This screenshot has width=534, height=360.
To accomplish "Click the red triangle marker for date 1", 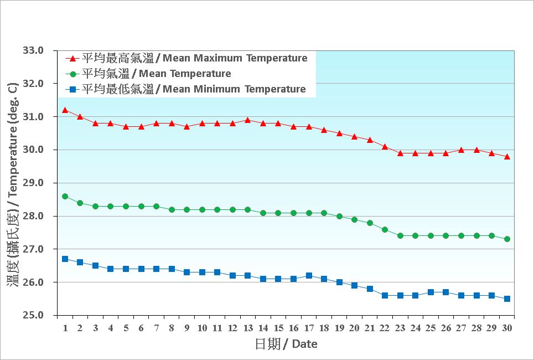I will click(65, 110).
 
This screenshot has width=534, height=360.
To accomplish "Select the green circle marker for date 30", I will click(507, 239).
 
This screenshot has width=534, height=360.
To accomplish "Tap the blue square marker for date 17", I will click(309, 276).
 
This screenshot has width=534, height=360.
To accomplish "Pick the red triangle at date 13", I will click(247, 120).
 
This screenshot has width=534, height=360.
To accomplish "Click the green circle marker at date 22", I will click(385, 229).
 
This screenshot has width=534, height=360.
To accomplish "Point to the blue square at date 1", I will click(65, 259).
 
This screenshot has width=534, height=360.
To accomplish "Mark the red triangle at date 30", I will click(507, 157).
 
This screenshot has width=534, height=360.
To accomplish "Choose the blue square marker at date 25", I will click(431, 292).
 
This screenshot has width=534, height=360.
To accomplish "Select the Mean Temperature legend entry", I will click(156, 74).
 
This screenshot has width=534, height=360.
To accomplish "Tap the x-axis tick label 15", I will click(278, 328).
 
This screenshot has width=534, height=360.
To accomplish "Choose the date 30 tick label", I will click(507, 328).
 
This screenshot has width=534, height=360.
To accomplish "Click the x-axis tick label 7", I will click(156, 328).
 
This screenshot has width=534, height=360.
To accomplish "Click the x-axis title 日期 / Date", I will click(286, 344).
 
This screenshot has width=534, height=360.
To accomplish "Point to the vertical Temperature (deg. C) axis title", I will click(13, 183).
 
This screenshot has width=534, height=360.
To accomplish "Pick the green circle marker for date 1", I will click(65, 197).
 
